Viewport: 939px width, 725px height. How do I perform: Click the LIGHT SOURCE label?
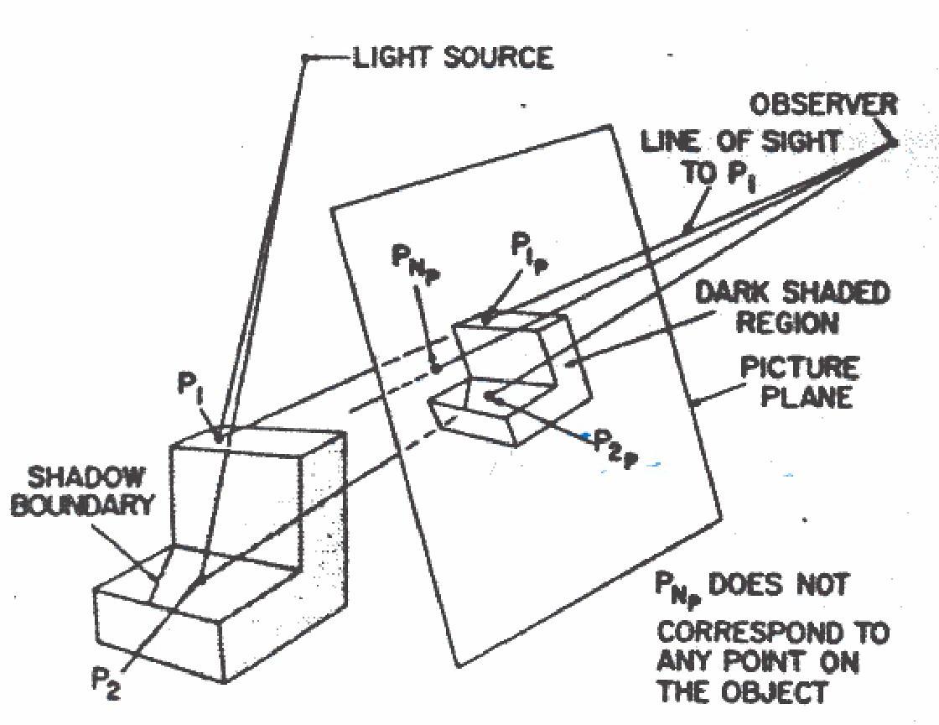pyautogui.click(x=452, y=58)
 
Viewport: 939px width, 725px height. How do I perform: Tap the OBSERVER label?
pyautogui.click(x=822, y=105)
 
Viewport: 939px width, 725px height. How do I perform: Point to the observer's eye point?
pyautogui.click(x=892, y=143)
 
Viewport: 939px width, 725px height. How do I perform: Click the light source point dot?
pyautogui.click(x=307, y=57)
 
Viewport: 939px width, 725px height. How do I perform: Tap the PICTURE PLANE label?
pyautogui.click(x=807, y=381)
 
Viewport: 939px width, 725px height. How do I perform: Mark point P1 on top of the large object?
pyautogui.click(x=220, y=436)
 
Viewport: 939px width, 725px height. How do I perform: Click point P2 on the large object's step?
pyautogui.click(x=202, y=580)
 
